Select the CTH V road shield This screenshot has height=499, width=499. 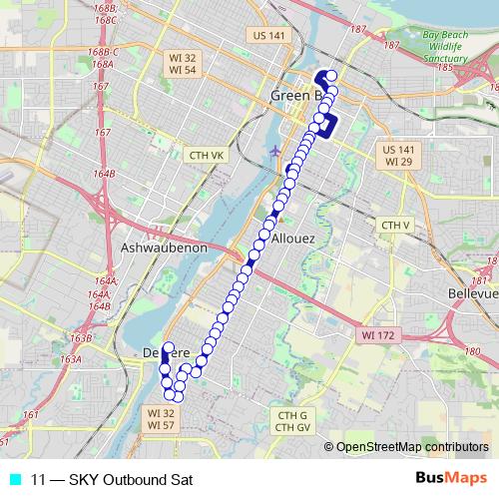396,226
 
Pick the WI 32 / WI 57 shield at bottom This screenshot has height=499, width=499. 161,417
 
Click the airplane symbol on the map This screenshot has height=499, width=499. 275,151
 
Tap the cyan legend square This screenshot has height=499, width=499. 13,479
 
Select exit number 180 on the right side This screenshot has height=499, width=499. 471,351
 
